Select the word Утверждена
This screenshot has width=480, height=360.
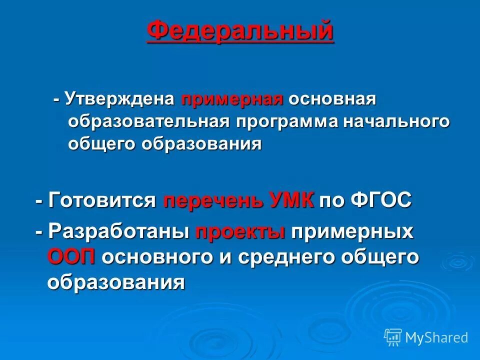coord(119,99)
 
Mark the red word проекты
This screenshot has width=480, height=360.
coord(240,232)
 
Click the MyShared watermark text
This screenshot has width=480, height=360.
coord(436,338)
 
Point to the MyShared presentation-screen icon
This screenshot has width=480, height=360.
coord(393,337)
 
